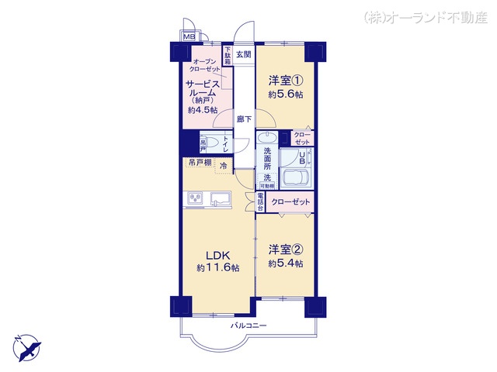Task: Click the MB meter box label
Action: [x=189, y=36]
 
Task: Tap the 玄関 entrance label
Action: [x=244, y=55]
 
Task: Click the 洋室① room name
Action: [x=285, y=81]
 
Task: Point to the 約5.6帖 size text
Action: [x=285, y=94]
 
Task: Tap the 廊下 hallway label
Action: [x=244, y=119]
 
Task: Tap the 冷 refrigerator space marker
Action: [x=224, y=166]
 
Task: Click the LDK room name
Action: [x=217, y=255]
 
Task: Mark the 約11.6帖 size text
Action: [x=217, y=267]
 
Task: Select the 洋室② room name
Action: [x=285, y=250]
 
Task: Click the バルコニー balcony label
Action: [x=248, y=325]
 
